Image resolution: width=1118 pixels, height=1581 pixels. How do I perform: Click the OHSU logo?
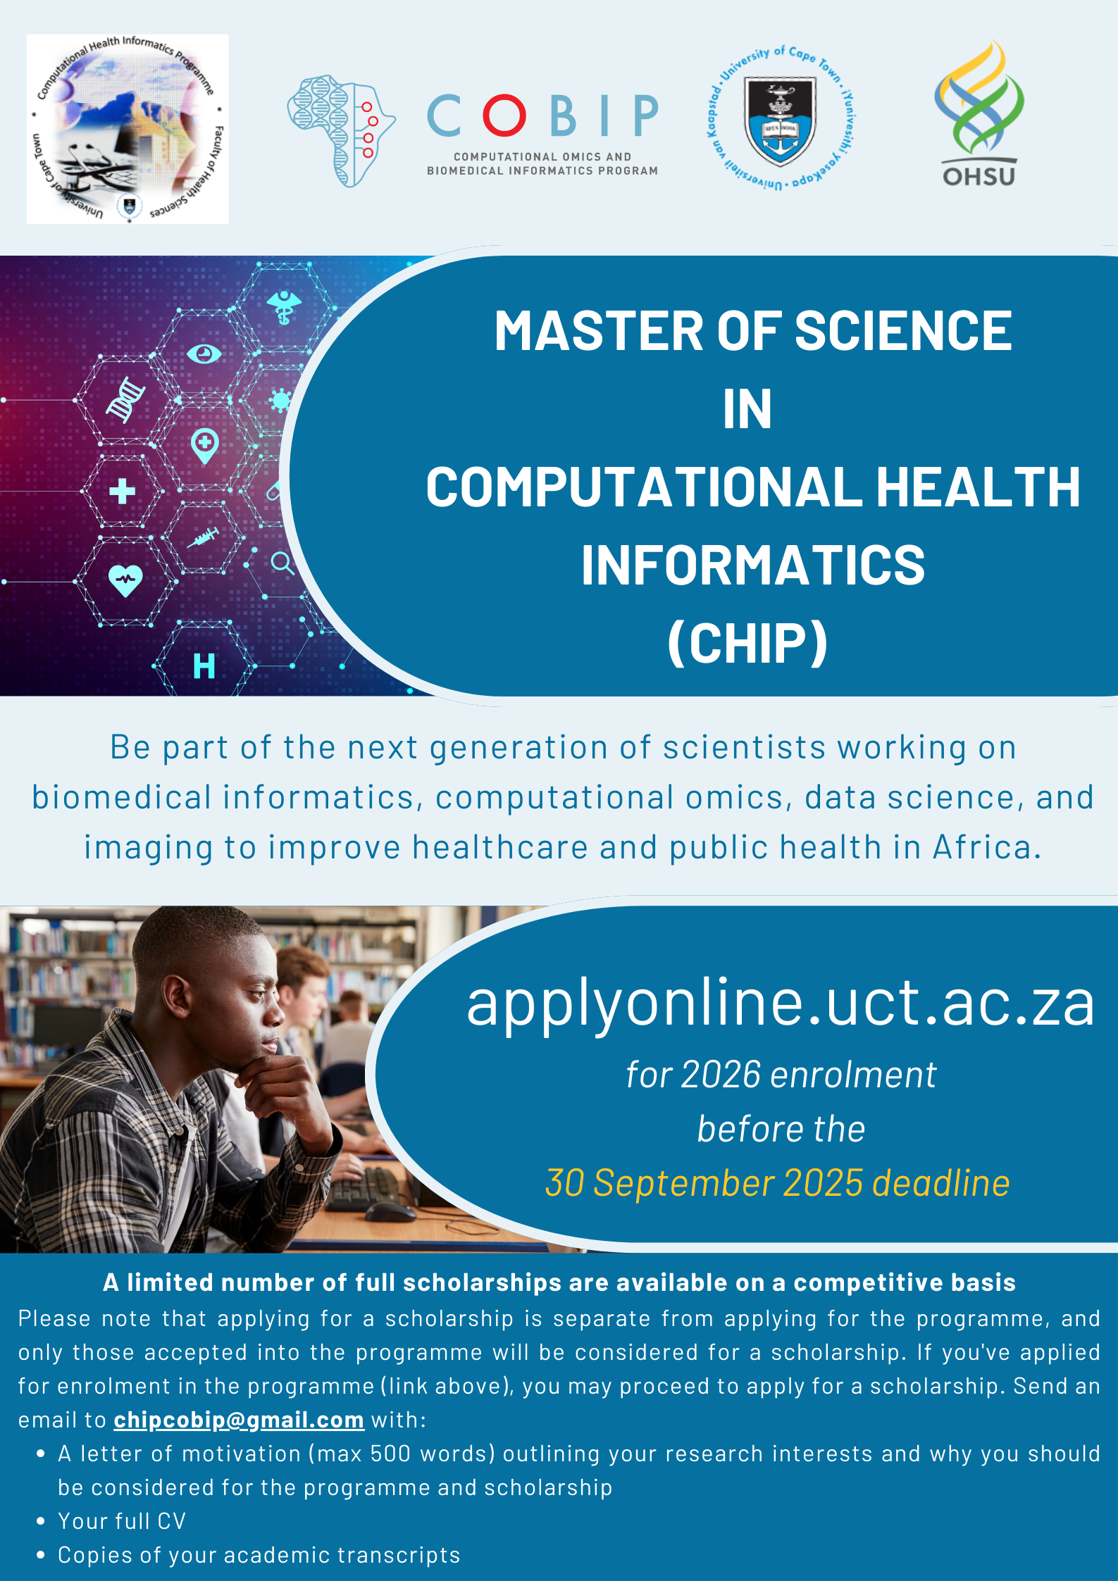(x=979, y=113)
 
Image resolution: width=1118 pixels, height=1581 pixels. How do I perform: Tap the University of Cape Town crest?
(x=781, y=118)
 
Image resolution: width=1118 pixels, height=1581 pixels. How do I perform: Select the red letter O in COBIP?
(x=504, y=115)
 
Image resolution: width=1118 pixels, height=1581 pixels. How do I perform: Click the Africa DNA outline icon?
(x=341, y=131)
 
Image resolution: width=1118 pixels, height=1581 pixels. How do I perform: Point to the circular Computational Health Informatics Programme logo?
(x=128, y=129)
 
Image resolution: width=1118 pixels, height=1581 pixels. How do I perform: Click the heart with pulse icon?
(x=125, y=581)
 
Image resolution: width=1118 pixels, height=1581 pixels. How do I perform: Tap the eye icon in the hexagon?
(x=204, y=354)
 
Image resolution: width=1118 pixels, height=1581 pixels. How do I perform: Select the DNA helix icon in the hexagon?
(x=125, y=399)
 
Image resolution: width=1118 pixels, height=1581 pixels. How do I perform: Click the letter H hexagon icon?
(x=204, y=665)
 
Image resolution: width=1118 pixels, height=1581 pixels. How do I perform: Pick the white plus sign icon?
(x=123, y=491)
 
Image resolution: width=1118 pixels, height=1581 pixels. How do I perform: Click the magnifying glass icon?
(x=282, y=563)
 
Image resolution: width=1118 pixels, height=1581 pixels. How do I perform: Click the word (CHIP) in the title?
(x=747, y=642)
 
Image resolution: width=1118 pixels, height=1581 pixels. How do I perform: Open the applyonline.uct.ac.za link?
(x=781, y=1003)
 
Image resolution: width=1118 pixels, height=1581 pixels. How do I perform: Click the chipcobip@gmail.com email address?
(x=239, y=1420)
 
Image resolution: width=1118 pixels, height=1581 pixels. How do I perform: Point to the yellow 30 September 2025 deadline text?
(x=778, y=1183)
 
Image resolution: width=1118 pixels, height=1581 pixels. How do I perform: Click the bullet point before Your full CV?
(x=41, y=1521)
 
